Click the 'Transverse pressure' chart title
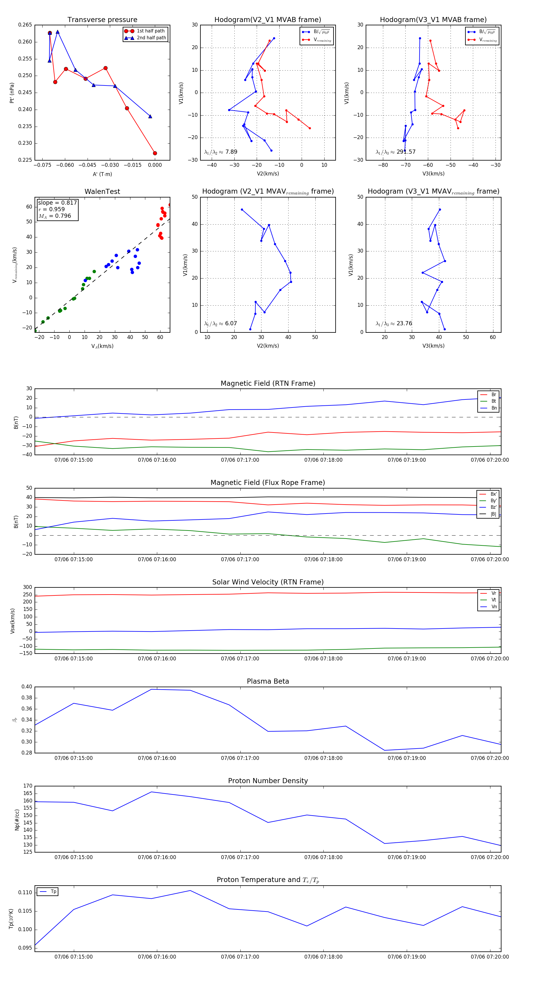[x=102, y=20]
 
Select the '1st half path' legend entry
[x=150, y=31]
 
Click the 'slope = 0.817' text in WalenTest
[x=57, y=203]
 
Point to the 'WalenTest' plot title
[x=102, y=192]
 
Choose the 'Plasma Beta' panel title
[x=268, y=682]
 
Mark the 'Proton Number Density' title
[x=268, y=781]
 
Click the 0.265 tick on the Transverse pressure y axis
[x=25, y=25]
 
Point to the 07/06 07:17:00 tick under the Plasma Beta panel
[x=240, y=758]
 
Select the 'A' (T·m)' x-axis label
[x=102, y=174]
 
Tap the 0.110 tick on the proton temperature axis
[x=25, y=892]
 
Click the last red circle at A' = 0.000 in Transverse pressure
[x=155, y=153]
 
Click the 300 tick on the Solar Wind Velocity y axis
[x=27, y=587]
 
